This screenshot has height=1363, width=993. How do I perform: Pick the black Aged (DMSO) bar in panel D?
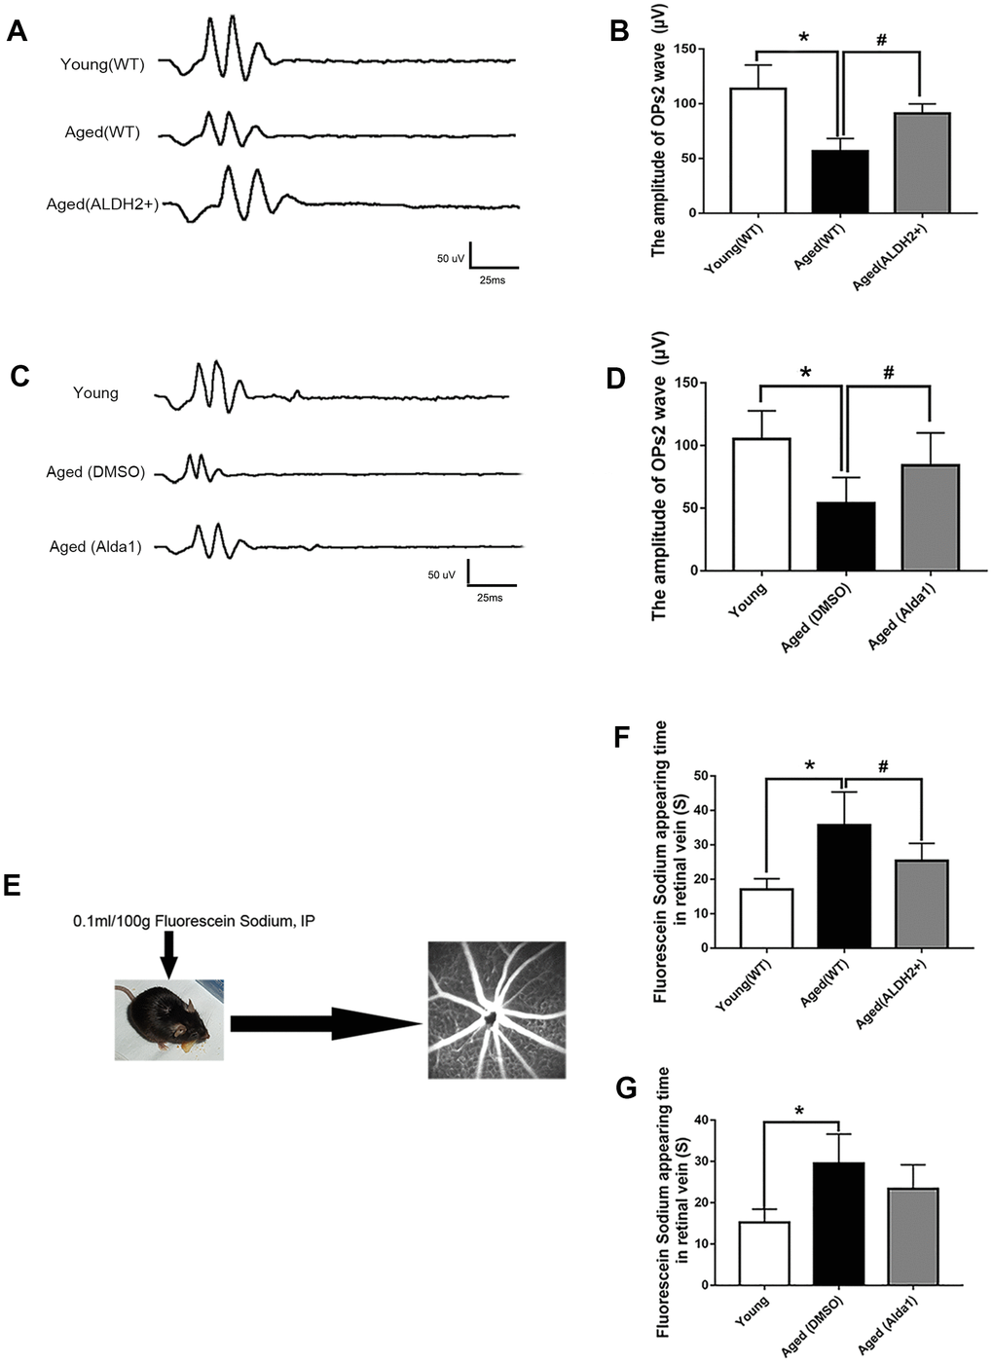click(846, 536)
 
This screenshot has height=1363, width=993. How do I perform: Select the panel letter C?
click(18, 376)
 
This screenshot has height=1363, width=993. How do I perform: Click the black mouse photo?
click(168, 1019)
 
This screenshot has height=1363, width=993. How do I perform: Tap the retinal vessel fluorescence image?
click(496, 1010)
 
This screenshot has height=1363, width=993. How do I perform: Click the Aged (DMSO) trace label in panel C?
click(95, 472)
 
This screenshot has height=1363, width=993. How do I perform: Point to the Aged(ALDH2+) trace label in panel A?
click(102, 204)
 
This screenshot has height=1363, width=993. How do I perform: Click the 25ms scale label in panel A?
click(491, 280)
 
